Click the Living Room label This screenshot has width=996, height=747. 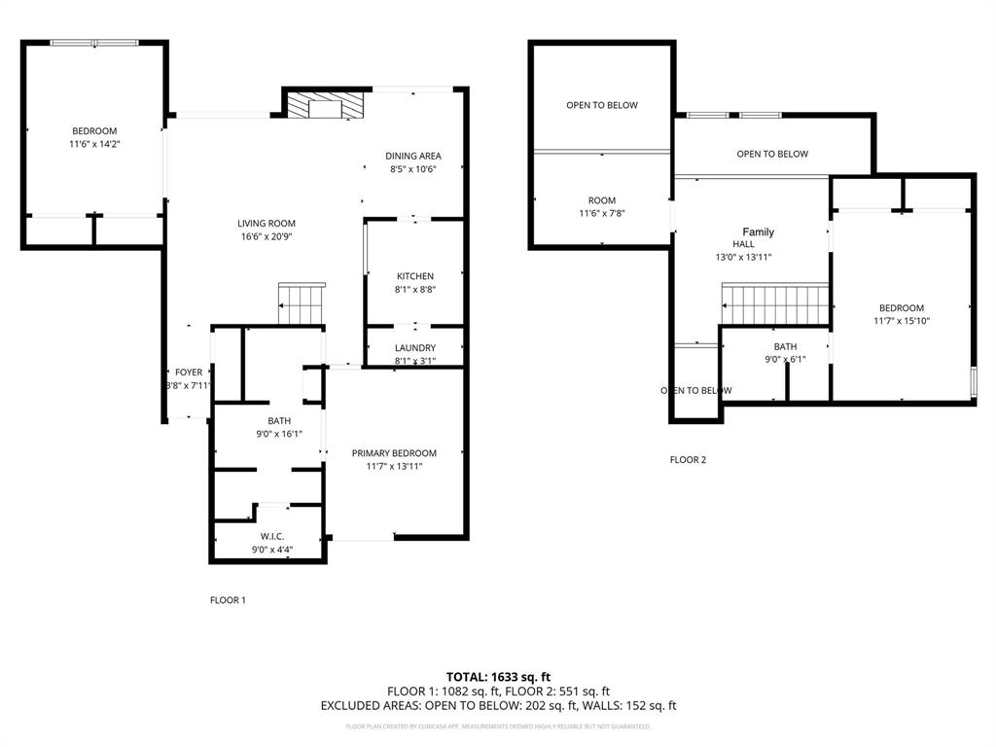tap(266, 224)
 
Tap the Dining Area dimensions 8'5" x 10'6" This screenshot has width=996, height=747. tap(412, 169)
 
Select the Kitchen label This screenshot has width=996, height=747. tap(414, 276)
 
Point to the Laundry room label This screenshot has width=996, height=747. tap(414, 348)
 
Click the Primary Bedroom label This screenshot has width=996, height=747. tap(394, 453)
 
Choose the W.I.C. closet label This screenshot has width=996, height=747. tap(271, 537)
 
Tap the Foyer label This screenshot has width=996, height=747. tap(188, 373)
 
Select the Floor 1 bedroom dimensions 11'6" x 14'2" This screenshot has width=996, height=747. tap(93, 144)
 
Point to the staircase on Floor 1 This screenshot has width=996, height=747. tap(302, 304)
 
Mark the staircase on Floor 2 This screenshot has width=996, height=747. tap(775, 303)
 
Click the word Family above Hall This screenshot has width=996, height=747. tap(758, 232)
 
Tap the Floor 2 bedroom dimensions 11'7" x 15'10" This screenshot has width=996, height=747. tap(901, 321)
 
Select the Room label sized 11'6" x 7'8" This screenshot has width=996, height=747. tap(602, 200)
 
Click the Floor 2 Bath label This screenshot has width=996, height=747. tap(785, 347)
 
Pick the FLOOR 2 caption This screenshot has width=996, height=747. tap(688, 459)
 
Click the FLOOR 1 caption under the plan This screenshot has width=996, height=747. tap(228, 600)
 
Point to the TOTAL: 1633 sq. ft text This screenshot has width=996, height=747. tap(498, 676)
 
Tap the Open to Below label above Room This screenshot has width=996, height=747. tap(602, 105)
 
